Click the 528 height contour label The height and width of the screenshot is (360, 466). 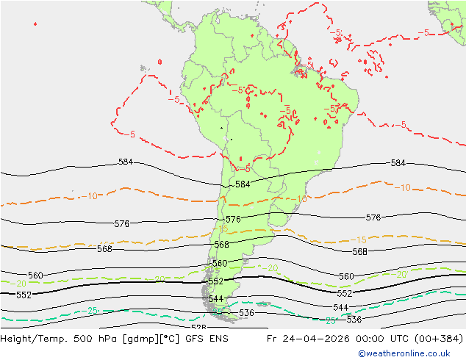click(x=198, y=327)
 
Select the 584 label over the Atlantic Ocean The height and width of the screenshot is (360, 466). click(x=398, y=163)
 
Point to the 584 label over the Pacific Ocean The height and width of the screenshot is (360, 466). click(x=126, y=162)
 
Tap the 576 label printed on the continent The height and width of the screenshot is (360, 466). click(x=233, y=220)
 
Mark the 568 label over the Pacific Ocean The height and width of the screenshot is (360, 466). click(x=105, y=249)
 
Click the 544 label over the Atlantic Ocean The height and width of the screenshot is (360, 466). click(x=340, y=307)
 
